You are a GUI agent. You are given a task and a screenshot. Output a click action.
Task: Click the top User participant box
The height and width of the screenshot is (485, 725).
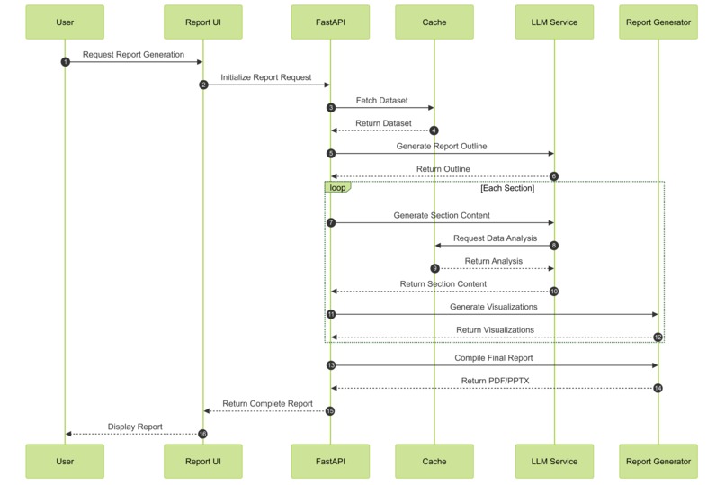(x=65, y=22)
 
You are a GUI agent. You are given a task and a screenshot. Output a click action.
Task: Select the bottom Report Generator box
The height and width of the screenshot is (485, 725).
(x=658, y=461)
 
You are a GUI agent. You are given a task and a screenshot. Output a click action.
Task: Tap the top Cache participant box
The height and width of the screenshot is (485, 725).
(x=434, y=22)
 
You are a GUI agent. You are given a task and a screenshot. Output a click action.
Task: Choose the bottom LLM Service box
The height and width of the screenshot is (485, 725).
(x=554, y=461)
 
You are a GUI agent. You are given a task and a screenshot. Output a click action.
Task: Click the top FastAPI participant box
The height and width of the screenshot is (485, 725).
(x=329, y=22)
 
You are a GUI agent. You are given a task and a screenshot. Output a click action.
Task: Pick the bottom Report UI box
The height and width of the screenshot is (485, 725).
(x=202, y=461)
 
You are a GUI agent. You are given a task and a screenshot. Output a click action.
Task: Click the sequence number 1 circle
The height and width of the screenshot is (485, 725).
(x=65, y=62)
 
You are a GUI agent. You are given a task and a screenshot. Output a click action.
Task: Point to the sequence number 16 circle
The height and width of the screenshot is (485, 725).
(x=203, y=434)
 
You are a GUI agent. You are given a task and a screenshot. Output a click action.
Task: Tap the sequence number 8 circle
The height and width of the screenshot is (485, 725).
(x=554, y=245)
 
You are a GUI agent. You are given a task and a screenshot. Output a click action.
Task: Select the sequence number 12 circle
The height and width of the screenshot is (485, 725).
(x=658, y=337)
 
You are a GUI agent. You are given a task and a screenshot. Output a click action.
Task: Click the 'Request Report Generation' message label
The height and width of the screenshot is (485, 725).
(x=133, y=54)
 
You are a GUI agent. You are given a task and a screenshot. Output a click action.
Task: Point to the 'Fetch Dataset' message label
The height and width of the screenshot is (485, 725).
(x=381, y=101)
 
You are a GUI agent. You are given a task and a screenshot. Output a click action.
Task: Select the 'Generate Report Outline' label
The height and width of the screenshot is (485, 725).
(x=442, y=146)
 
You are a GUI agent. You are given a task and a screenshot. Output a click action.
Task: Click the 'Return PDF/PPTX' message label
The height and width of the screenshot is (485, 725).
(x=495, y=381)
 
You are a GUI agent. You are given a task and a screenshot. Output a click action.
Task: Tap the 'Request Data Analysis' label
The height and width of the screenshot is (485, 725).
(x=495, y=238)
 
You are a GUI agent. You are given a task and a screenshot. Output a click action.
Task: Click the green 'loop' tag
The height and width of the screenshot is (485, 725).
(x=337, y=188)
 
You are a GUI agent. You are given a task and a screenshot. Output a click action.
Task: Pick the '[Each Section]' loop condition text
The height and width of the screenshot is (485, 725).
(x=506, y=189)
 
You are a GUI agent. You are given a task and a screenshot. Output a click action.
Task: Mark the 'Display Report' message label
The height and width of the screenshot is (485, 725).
(x=135, y=427)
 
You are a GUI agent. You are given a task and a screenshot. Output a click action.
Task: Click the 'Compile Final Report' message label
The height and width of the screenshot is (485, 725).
(x=494, y=358)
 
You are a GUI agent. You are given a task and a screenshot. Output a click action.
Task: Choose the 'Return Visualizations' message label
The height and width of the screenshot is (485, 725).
(x=495, y=330)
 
